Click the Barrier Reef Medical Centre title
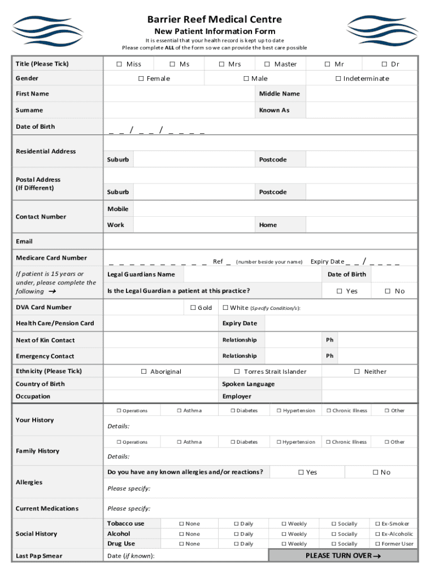(215, 20)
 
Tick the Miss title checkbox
(119, 64)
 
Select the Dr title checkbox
(384, 64)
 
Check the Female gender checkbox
(141, 78)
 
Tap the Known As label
(274, 110)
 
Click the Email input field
(260, 242)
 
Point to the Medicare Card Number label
(51, 258)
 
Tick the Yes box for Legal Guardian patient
(340, 291)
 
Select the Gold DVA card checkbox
(193, 308)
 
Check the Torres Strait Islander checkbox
(237, 371)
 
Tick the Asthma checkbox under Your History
(179, 410)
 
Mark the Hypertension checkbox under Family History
(279, 442)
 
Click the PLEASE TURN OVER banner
(343, 555)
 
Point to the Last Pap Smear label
(39, 556)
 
